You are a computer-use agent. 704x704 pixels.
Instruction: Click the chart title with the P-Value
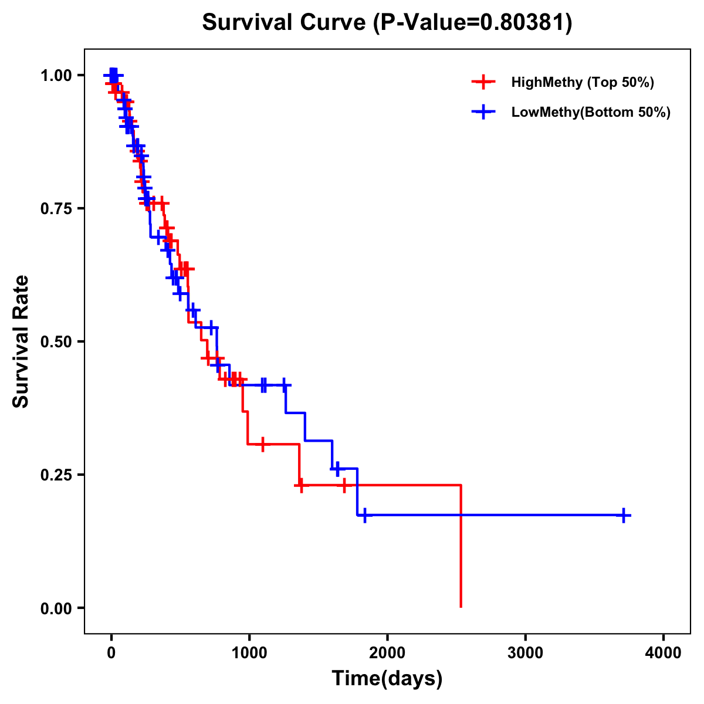[387, 22]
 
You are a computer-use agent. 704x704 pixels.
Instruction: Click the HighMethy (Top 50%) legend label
[583, 82]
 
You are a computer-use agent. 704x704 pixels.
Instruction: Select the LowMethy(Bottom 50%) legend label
[591, 112]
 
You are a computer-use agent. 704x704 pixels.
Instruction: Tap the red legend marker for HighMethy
[483, 82]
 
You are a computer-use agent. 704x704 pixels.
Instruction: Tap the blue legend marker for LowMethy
[483, 112]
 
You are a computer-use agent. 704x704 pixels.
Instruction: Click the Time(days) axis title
[387, 679]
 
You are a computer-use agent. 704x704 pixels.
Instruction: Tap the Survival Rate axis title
[21, 341]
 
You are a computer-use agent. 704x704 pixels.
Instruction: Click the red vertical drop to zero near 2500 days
[461, 546]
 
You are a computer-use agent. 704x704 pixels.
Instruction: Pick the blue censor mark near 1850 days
[364, 515]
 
